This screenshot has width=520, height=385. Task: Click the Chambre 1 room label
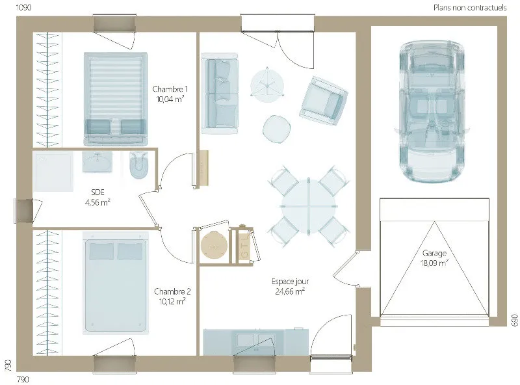[x=170, y=89]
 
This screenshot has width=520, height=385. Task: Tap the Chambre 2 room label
[x=172, y=291]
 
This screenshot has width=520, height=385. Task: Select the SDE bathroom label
[x=97, y=192]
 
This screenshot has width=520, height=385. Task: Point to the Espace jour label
[x=290, y=282]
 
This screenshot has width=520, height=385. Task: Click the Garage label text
[x=434, y=253]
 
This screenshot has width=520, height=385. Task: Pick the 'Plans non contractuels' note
[x=470, y=8]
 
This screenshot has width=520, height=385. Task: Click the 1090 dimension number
[x=23, y=7]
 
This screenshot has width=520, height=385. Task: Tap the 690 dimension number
[x=514, y=320]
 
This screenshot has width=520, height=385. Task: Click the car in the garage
[x=431, y=112]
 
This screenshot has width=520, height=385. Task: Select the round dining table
[x=309, y=206]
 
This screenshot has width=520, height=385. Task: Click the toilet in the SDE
[x=139, y=165]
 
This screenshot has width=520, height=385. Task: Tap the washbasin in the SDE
[x=97, y=162]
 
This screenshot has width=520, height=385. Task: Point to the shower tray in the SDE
[x=53, y=172]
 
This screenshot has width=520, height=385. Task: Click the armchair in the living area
[x=323, y=100]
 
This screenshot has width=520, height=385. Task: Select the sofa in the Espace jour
[x=220, y=93]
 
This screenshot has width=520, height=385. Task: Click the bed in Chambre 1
[x=116, y=99]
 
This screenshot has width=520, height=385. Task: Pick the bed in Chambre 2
[x=116, y=283]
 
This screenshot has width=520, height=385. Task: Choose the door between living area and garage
[x=345, y=267]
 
